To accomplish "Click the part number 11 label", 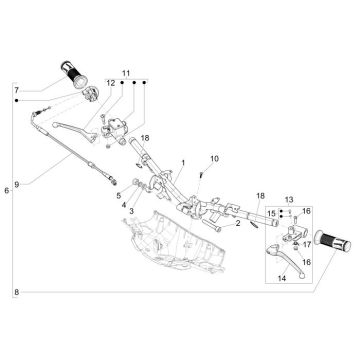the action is pos(126,73).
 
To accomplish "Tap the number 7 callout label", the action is pos(17,90).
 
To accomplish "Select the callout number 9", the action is pos(17,184).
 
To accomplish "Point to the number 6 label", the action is pos(7,191).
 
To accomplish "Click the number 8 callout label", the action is pos(17,292).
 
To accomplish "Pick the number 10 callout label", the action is pos(215,159).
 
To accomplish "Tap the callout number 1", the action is pos(183,163).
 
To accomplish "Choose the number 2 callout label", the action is pos(238,223).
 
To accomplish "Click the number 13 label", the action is pos(289,200).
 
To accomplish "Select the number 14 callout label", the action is pos(282,277).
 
